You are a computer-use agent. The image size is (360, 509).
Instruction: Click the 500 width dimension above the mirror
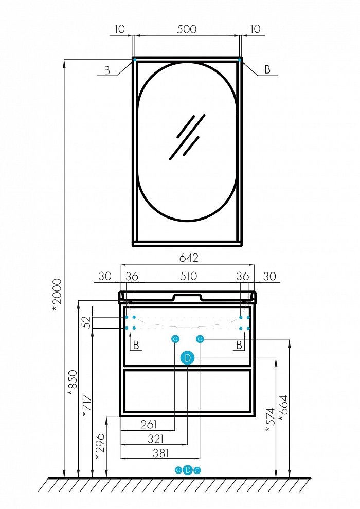pos(187,29)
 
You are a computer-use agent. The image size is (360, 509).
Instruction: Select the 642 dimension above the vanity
pos(189,258)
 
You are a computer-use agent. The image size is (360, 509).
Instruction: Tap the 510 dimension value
pos(188,276)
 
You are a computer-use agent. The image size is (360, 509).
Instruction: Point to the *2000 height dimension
pos(57,295)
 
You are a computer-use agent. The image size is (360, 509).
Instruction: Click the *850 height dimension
pos(73,383)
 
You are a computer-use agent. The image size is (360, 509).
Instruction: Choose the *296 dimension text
pos(100,446)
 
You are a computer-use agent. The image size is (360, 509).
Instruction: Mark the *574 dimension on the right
pos(270,420)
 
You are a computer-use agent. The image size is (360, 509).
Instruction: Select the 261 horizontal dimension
pos(149,424)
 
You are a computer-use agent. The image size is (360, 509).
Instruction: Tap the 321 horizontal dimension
pos(155,439)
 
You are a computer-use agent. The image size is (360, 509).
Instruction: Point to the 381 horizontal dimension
pos(160,453)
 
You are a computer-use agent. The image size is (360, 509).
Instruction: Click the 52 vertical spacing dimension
pos(87,322)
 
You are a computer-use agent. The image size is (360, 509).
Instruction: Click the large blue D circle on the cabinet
pos(188,358)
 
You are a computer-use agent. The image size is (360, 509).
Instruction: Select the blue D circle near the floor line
pos(188,470)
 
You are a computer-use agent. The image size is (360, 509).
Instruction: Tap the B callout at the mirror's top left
pos(107,70)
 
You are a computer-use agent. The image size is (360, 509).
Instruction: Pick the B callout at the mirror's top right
pos(267,69)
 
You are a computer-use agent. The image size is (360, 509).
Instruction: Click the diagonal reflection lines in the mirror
pos(188,137)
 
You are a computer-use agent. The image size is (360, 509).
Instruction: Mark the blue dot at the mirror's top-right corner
pos(240,60)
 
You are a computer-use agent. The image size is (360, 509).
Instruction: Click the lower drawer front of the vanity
pos(188,390)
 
